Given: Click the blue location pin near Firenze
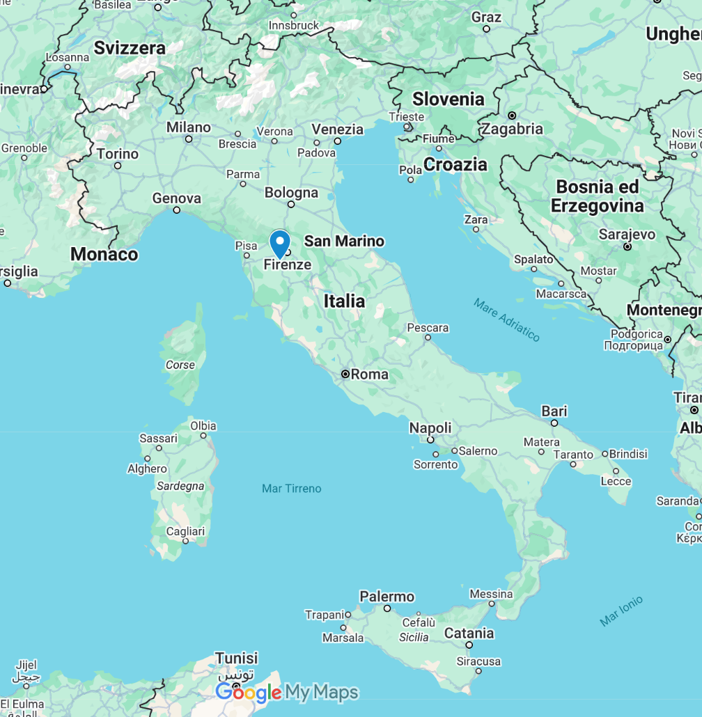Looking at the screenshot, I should click(280, 244).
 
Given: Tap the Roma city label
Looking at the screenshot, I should click(369, 375).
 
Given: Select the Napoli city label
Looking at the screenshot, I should click(430, 427).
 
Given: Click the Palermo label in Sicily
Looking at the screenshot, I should click(387, 597).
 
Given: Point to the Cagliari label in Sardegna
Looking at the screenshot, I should click(185, 531).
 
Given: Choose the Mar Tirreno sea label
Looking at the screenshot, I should click(292, 488).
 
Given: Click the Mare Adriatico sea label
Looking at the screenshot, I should click(506, 320).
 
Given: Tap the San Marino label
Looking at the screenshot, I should click(344, 241).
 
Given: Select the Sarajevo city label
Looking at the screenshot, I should click(627, 235).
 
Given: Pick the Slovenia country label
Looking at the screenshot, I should click(448, 99).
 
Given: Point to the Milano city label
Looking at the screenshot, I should click(188, 127).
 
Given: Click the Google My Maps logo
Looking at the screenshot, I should click(287, 692).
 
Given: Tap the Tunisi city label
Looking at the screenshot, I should click(236, 658).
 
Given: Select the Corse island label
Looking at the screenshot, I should click(180, 365).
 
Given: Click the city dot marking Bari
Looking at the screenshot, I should click(554, 423).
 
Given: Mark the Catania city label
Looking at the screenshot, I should click(469, 633).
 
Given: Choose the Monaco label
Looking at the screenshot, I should click(104, 254).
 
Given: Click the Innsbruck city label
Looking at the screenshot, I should click(294, 26).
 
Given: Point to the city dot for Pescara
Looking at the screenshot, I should click(428, 338).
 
